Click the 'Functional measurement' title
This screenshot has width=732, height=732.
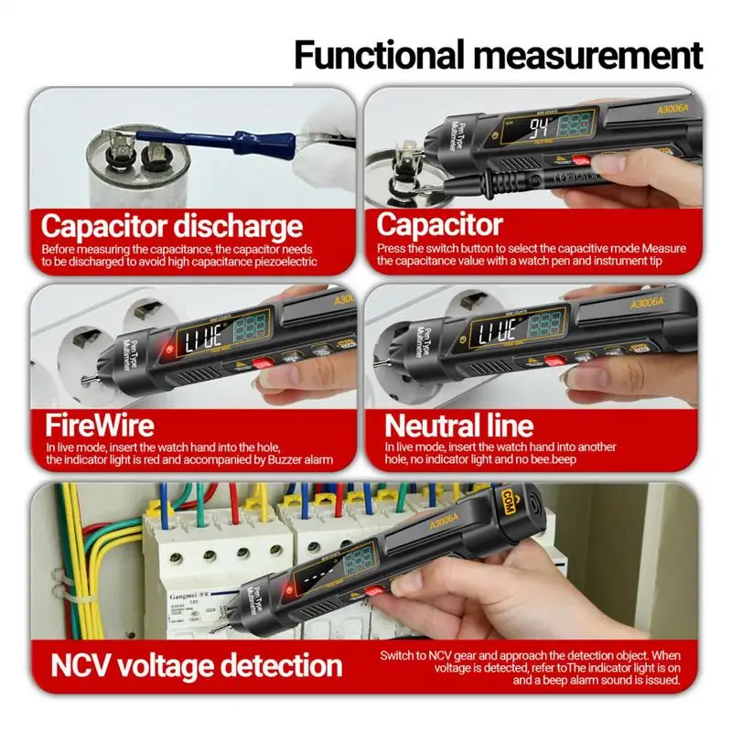point(498,54)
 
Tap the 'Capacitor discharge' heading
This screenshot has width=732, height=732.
point(171,225)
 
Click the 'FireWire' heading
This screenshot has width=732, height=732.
point(101,425)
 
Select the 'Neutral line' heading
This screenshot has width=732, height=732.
point(457,425)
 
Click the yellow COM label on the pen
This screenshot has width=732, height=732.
point(509,500)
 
